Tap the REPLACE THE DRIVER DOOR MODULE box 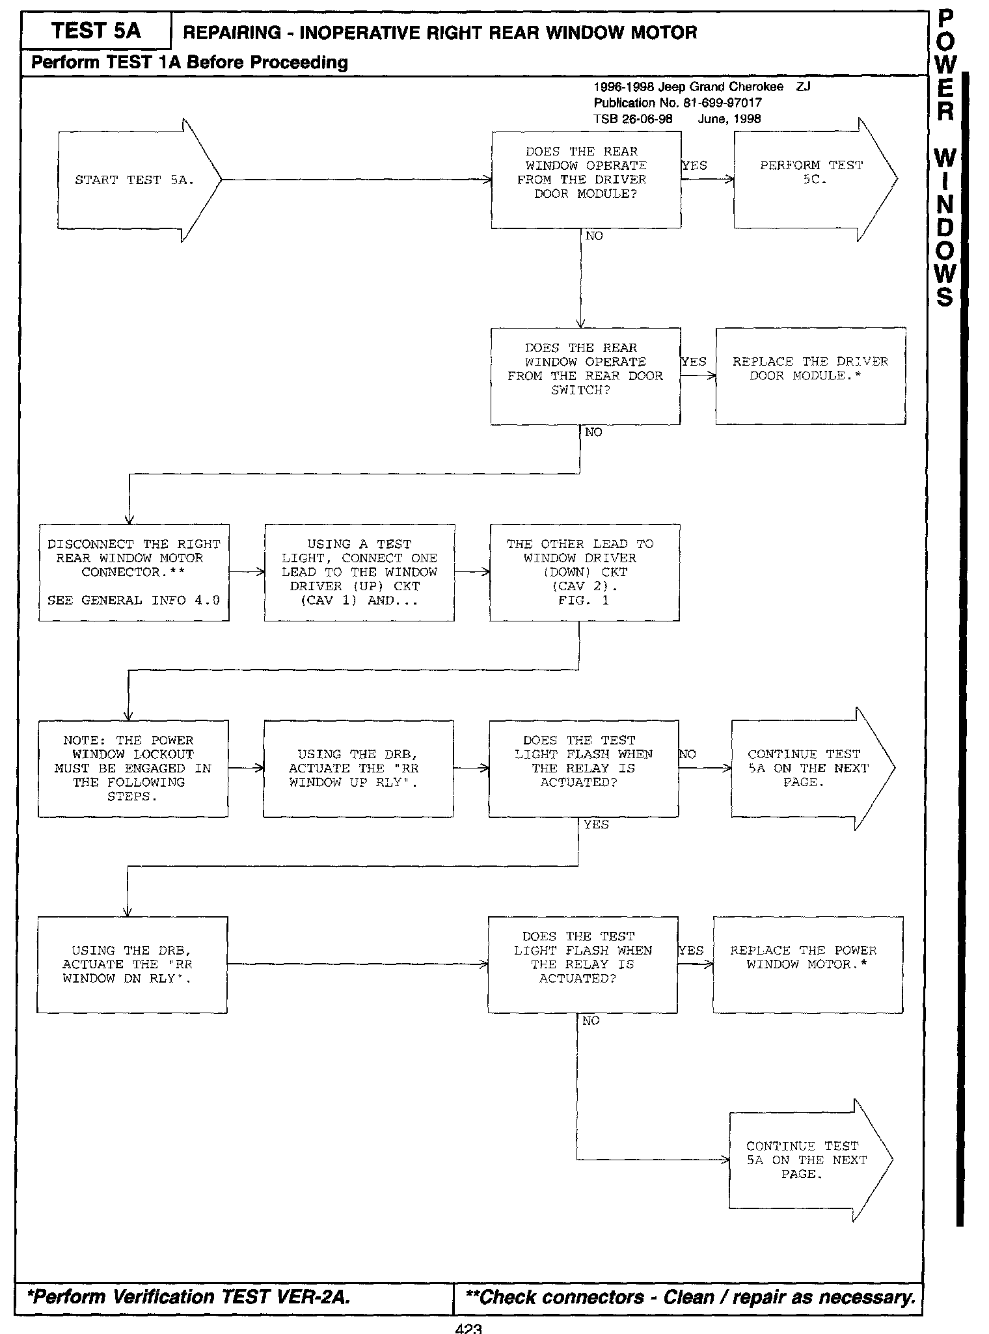tap(810, 376)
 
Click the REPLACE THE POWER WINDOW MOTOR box tap(807, 964)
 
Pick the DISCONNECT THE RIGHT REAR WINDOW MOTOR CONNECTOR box tap(134, 572)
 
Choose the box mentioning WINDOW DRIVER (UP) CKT tap(359, 572)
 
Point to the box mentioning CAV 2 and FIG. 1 tap(584, 572)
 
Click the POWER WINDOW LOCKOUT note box tap(133, 769)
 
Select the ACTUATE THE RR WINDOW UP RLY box tap(359, 769)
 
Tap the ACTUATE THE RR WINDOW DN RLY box tap(132, 964)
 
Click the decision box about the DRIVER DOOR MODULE tap(586, 180)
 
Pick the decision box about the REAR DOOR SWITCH tap(585, 376)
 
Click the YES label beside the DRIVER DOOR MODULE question tap(694, 165)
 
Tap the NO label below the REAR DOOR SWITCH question tap(593, 433)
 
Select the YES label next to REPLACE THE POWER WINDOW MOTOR tap(691, 951)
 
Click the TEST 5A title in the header tap(96, 31)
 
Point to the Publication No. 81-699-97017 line tap(677, 103)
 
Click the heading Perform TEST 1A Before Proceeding tap(189, 62)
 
